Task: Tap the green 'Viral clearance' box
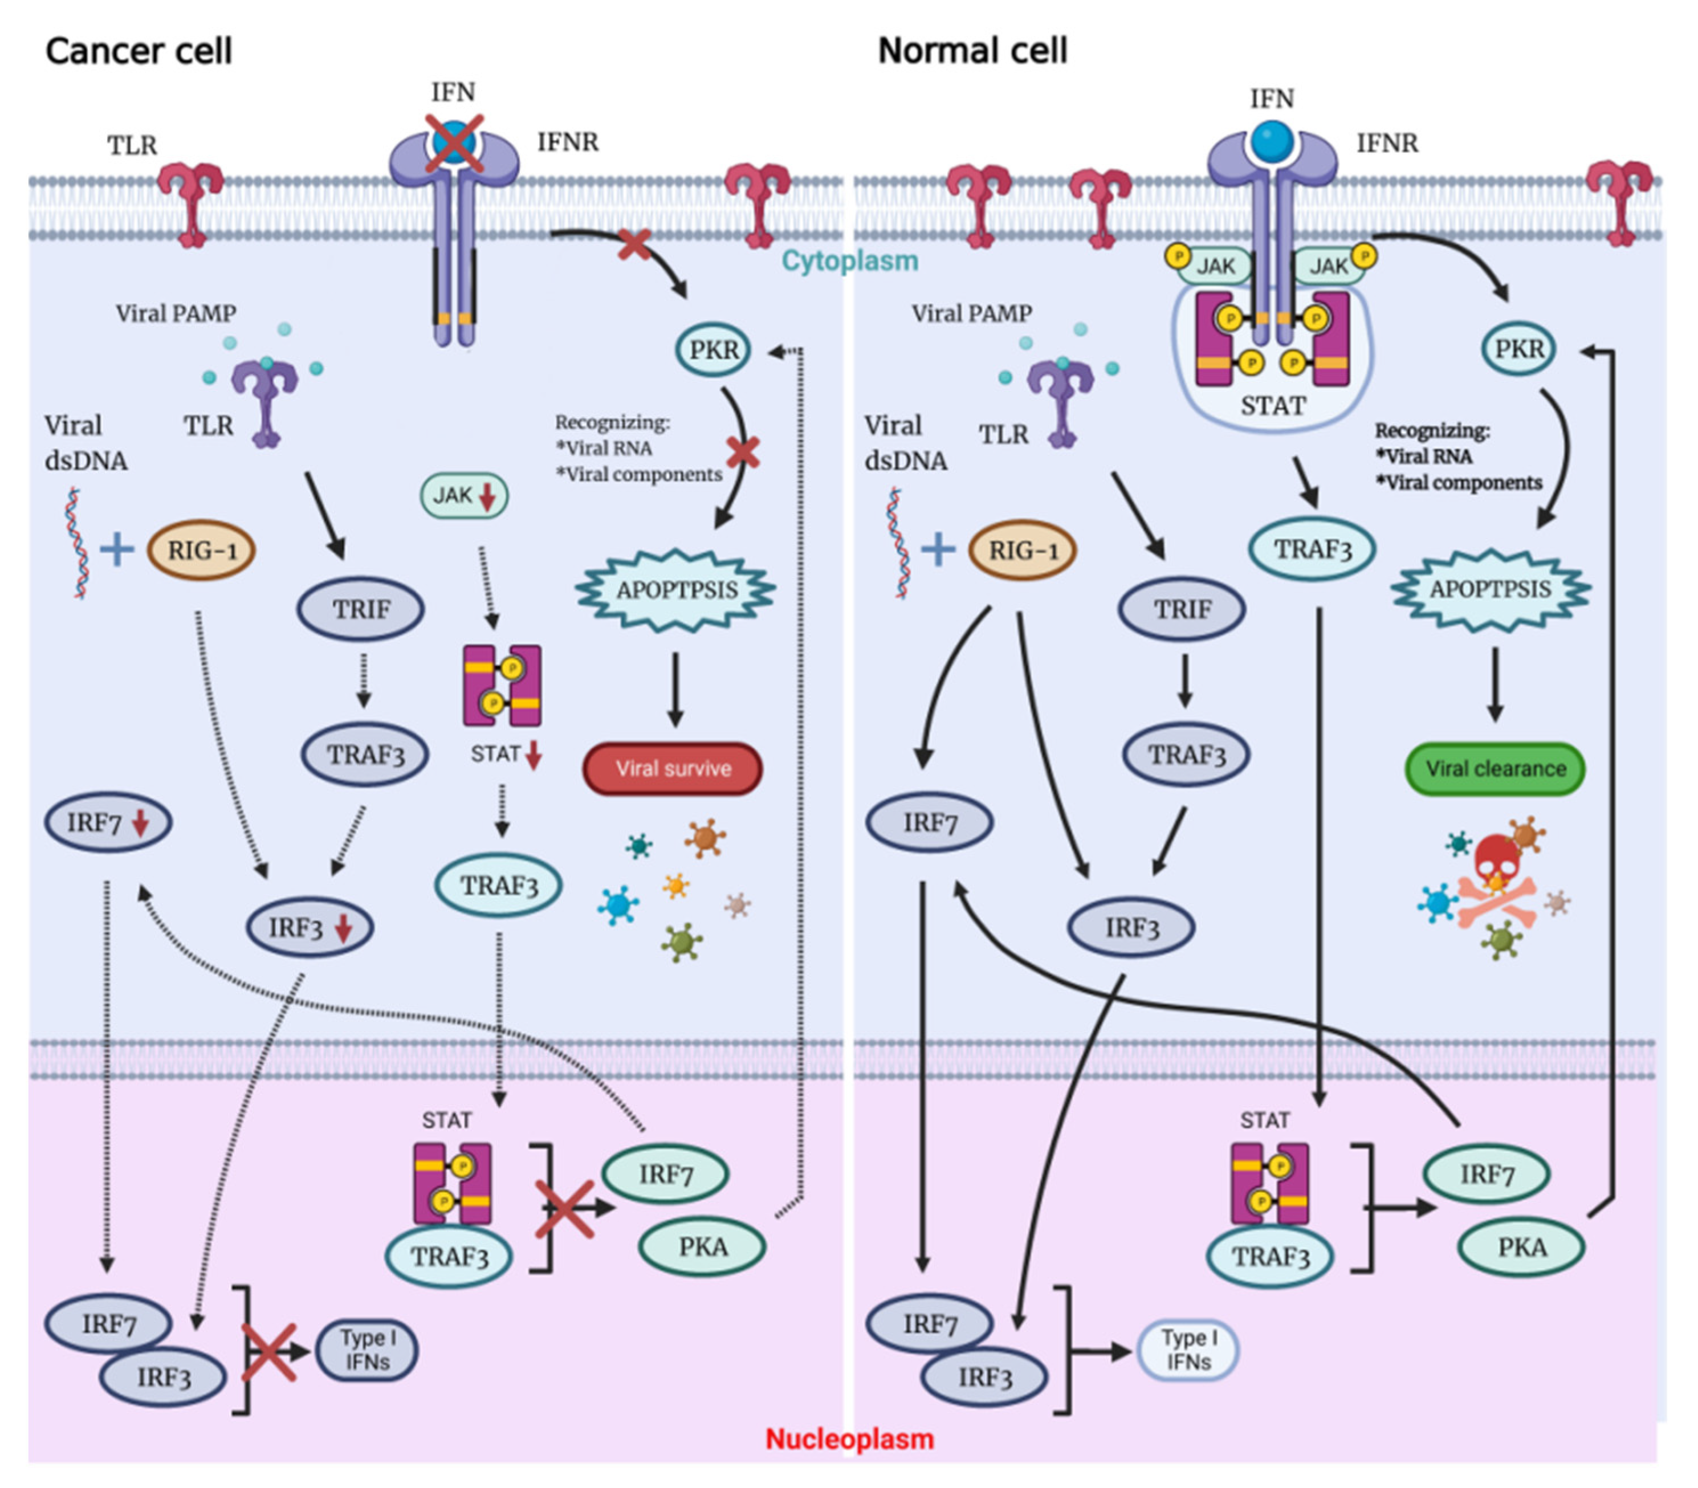pos(1494,768)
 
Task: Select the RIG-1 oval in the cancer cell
pos(201,550)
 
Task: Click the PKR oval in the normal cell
pos(1518,349)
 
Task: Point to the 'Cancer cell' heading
pos(139,51)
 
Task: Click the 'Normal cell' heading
pos(972,51)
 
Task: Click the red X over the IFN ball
pos(454,143)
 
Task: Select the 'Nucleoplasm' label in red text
pos(849,1439)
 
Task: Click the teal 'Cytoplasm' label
pos(849,261)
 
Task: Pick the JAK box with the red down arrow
pos(463,496)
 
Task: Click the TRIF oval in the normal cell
pos(1182,609)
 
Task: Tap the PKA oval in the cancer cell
pos(702,1246)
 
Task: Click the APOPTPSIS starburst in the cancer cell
pos(676,589)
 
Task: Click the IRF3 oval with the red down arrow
pos(310,928)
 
